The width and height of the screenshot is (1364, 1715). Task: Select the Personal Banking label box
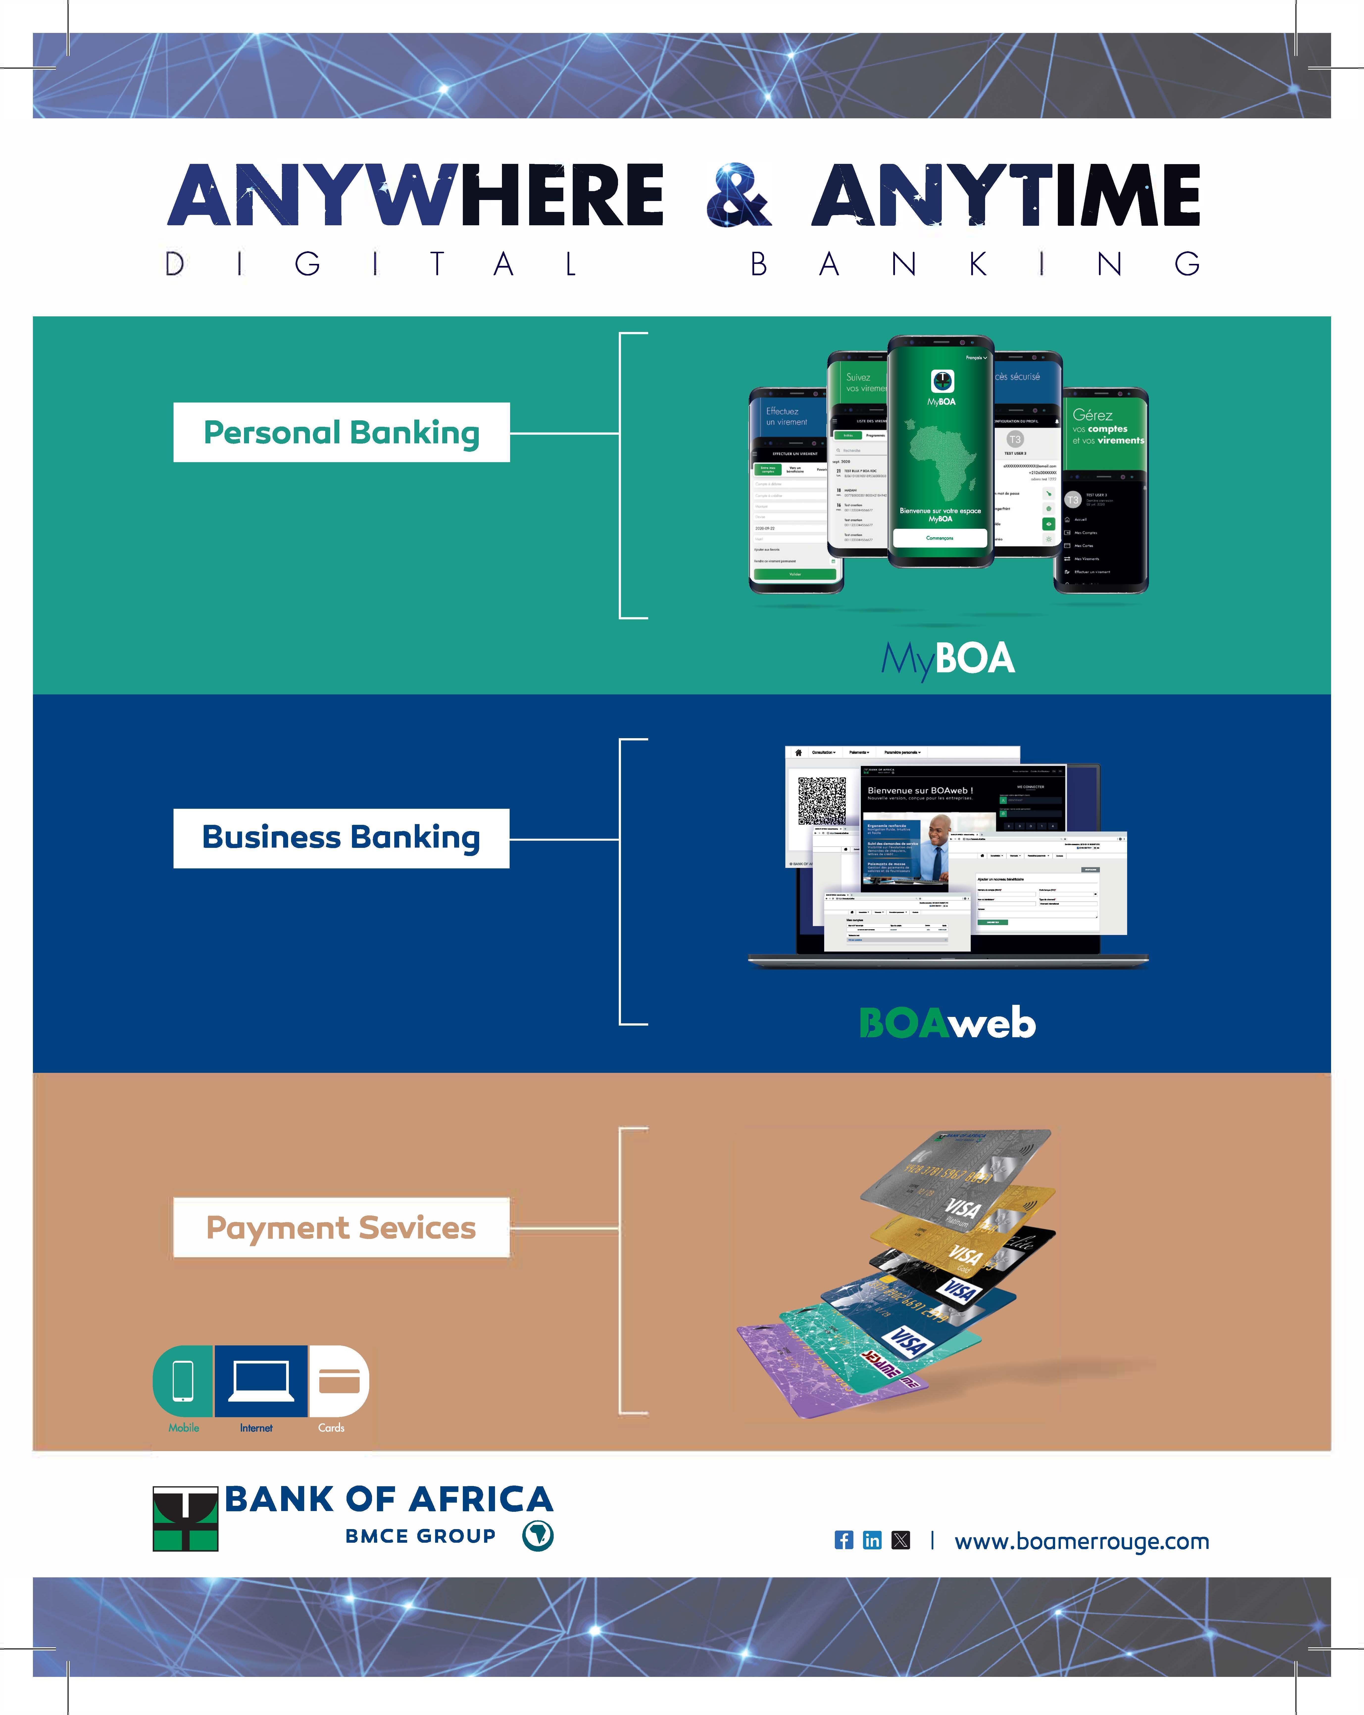point(341,433)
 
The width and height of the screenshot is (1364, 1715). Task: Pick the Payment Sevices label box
point(341,1227)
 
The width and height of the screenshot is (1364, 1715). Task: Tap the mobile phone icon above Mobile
point(183,1381)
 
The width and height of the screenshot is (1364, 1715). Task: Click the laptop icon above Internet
point(261,1381)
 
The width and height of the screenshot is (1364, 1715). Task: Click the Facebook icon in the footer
point(843,1540)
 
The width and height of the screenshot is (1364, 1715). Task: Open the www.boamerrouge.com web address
point(1082,1541)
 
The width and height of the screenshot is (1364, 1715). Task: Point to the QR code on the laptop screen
point(821,800)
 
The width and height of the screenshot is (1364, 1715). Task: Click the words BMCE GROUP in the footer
point(421,1536)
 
